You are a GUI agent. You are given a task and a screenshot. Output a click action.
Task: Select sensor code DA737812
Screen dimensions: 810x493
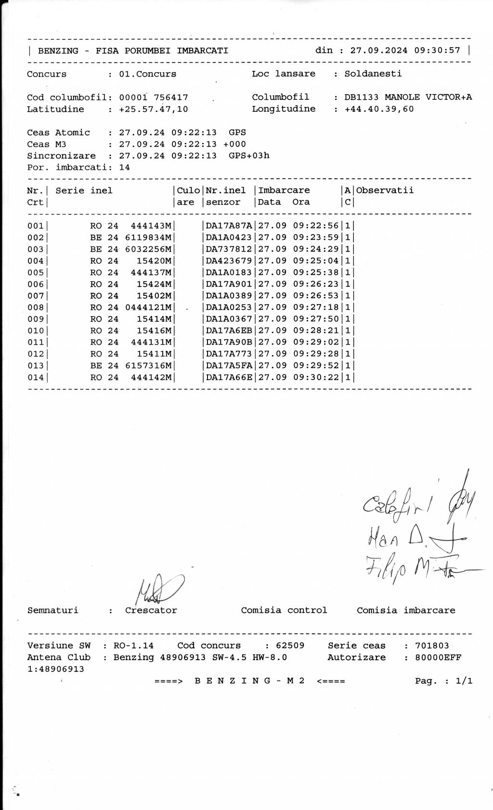click(229, 249)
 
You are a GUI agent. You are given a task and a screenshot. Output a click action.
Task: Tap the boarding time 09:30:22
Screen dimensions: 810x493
click(316, 377)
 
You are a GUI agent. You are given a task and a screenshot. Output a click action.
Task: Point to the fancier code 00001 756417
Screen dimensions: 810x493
click(154, 97)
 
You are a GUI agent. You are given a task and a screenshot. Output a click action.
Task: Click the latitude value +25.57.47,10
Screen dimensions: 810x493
click(154, 109)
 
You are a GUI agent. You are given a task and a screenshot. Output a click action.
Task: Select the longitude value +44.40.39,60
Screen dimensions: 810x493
click(379, 109)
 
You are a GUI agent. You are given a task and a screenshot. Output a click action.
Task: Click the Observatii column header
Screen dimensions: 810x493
click(385, 190)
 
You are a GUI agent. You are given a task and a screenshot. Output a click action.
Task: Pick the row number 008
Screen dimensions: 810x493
click(35, 307)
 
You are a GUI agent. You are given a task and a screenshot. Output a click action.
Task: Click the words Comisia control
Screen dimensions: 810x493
click(284, 611)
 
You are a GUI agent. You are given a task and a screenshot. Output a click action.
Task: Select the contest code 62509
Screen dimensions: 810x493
click(290, 646)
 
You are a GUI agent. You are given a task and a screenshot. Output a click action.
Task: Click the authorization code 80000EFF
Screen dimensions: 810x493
click(438, 658)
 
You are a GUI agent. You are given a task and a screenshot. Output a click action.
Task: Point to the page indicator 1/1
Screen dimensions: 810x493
click(464, 681)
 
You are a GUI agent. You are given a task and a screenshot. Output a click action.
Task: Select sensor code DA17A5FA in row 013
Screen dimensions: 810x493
click(229, 366)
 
